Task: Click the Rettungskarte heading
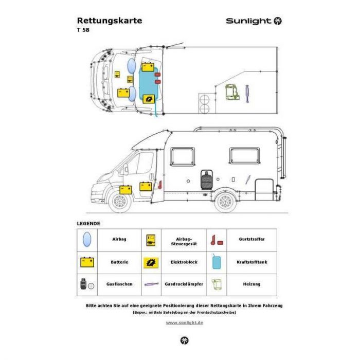[110, 21]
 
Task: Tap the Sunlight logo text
[248, 21]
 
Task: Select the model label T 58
[83, 30]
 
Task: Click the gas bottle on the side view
[206, 180]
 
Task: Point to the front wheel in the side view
[120, 202]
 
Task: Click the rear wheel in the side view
[225, 202]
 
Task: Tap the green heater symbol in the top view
[232, 92]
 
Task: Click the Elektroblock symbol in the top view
[149, 99]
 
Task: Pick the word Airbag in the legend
[119, 239]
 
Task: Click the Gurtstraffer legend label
[251, 239]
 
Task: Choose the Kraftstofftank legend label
[252, 262]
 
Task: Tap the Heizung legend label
[251, 284]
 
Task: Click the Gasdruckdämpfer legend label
[184, 284]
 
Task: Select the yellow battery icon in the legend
[87, 262]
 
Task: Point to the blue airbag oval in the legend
[87, 240]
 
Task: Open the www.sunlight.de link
[184, 322]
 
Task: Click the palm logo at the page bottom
[184, 340]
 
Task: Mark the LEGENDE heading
[88, 224]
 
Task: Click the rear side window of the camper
[244, 156]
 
